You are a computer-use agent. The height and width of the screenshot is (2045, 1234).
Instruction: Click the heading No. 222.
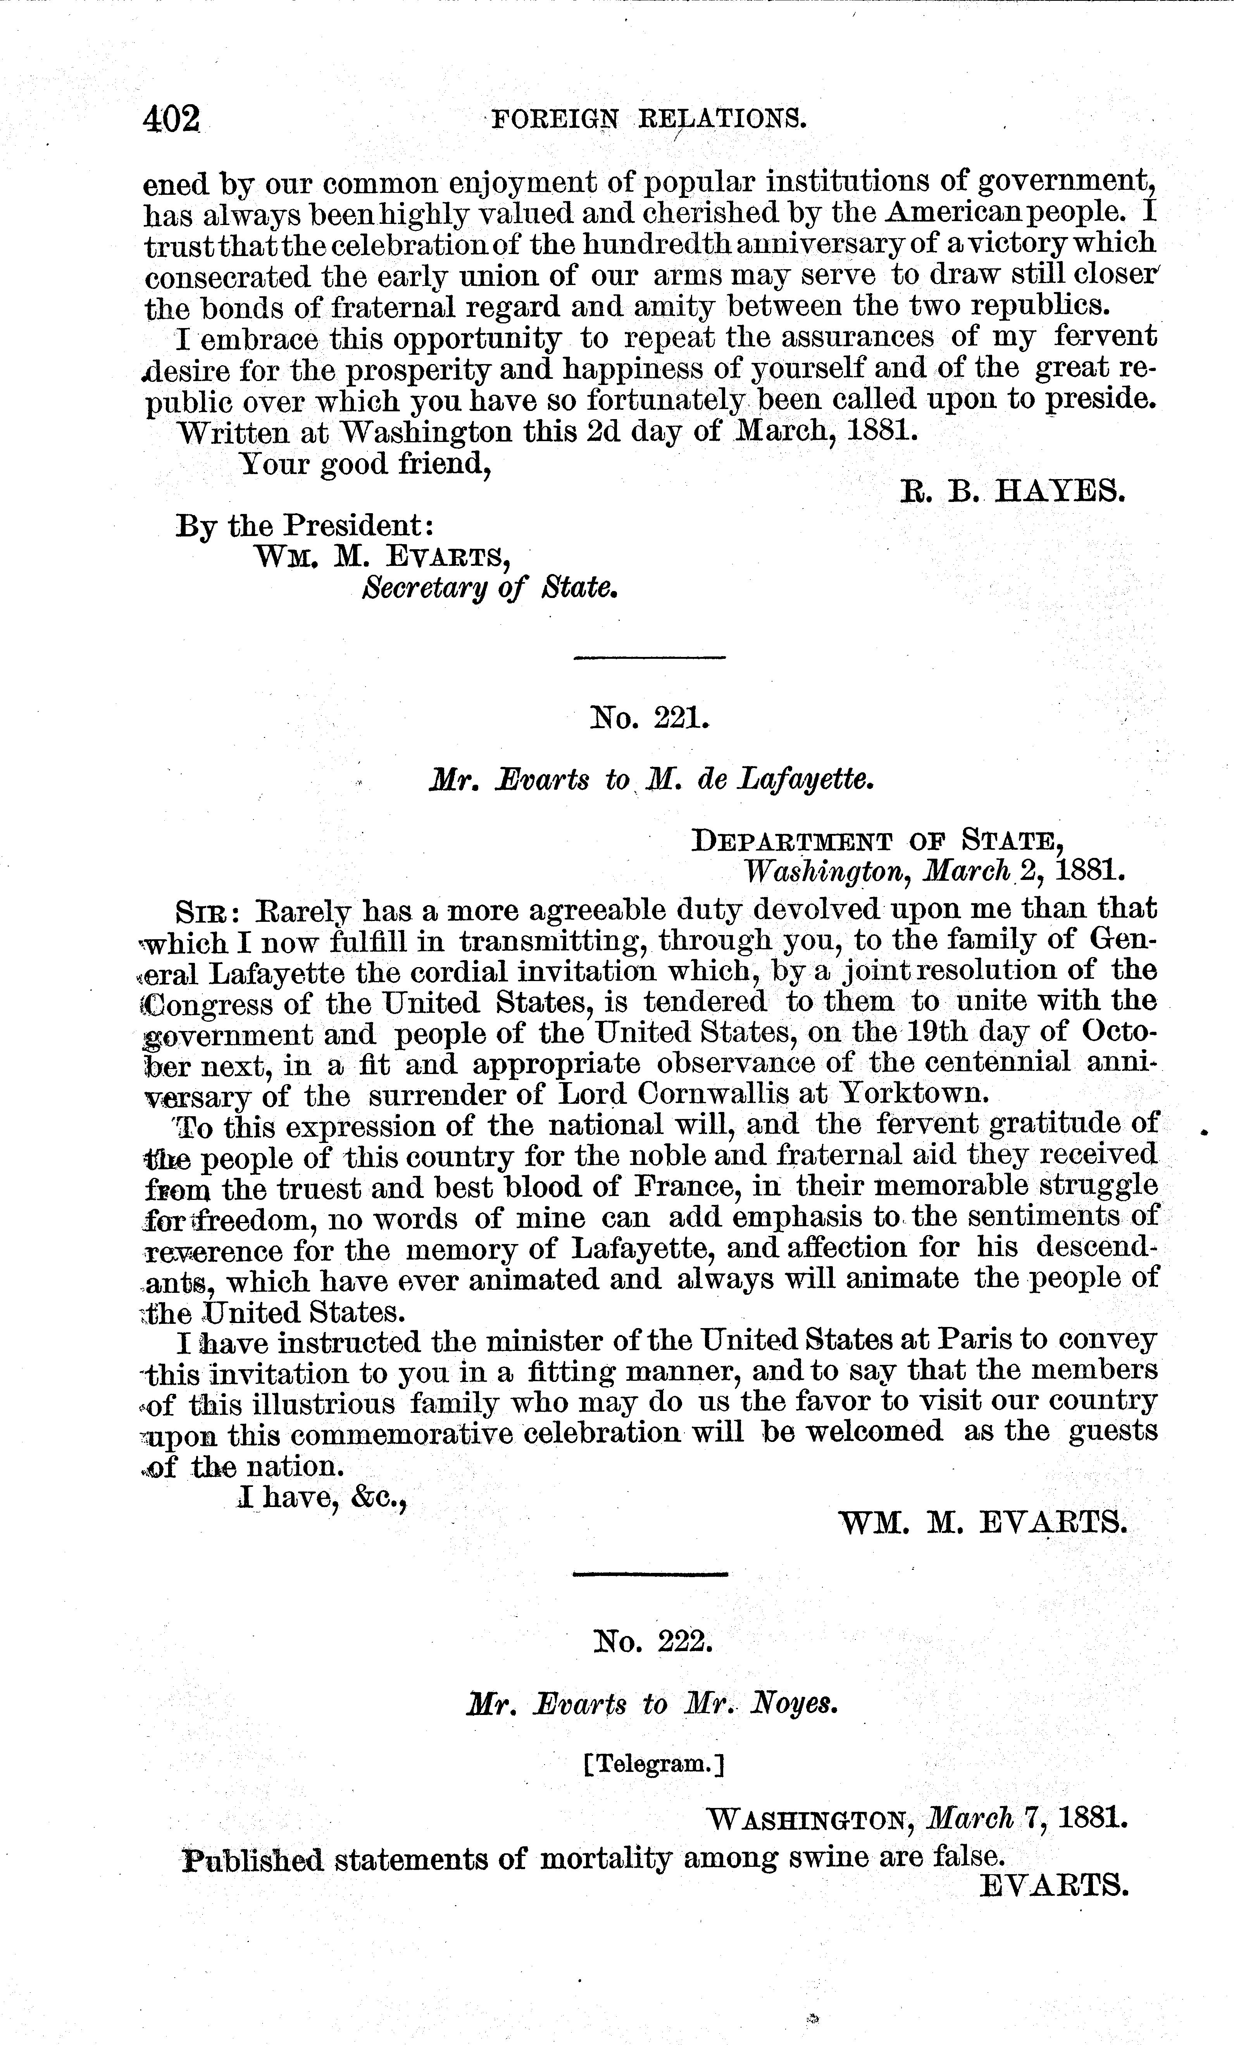click(x=653, y=1642)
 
